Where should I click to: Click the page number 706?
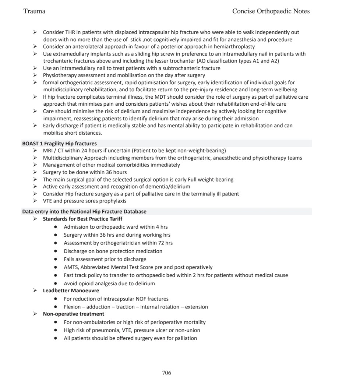click(166, 373)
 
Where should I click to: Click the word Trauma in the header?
click(34, 11)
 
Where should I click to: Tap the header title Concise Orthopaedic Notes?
click(271, 11)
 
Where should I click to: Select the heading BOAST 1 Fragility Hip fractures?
click(59, 143)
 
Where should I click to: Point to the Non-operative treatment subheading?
click(73, 314)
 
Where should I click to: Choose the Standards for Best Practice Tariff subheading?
click(82, 219)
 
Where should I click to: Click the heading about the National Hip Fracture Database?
click(84, 211)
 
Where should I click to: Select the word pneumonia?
click(102, 330)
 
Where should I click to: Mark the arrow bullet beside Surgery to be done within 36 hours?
click(35, 172)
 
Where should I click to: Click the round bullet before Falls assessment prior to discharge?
click(55, 259)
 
